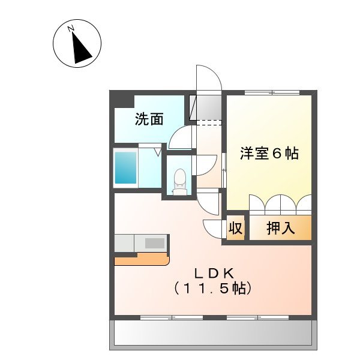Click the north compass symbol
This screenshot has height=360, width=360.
click(x=77, y=44)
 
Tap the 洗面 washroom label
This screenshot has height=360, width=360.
click(x=149, y=119)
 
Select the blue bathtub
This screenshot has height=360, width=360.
click(x=125, y=167)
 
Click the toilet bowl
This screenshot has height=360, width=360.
click(x=179, y=178)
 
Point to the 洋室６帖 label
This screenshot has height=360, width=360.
click(x=269, y=153)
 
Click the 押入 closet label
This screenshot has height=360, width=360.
click(x=280, y=228)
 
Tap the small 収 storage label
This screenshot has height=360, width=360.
click(x=235, y=229)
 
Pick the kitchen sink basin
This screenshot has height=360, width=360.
click(x=154, y=243)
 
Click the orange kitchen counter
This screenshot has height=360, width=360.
click(x=141, y=259)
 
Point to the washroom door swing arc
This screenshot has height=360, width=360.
click(x=179, y=139)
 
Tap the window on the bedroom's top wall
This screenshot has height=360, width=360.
click(x=271, y=92)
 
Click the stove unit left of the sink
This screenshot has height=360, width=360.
click(x=124, y=243)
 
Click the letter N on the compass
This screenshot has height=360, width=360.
click(x=71, y=28)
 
